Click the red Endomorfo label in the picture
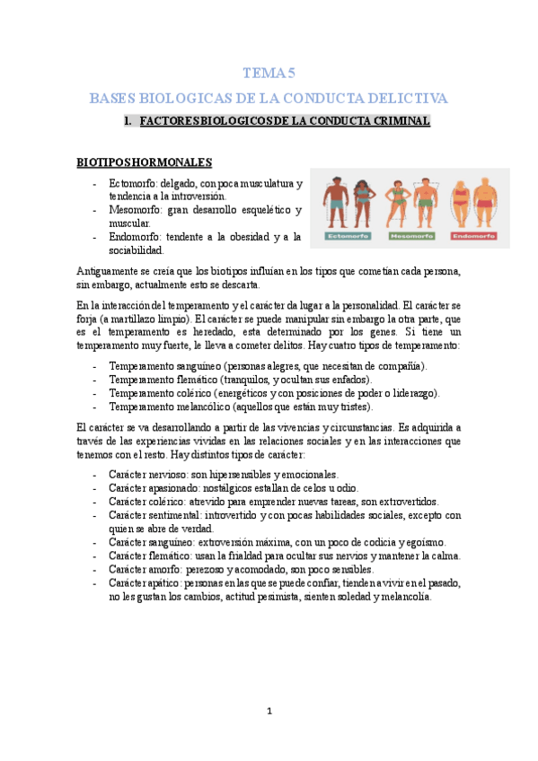point(474,236)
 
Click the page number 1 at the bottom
point(269,712)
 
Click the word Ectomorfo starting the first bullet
point(135,183)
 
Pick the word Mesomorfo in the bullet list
point(137,209)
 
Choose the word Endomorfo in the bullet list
point(137,236)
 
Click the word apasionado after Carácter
point(181,487)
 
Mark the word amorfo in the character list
point(170,569)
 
